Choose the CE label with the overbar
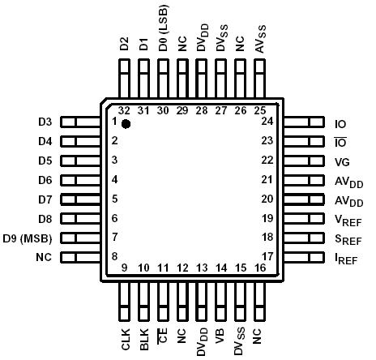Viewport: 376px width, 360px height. point(164,337)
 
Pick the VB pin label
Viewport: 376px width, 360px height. point(220,336)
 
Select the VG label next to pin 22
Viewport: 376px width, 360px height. point(341,161)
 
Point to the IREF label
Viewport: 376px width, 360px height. point(348,259)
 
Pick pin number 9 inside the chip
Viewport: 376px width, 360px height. point(125,268)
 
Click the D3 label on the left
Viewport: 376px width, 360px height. point(45,122)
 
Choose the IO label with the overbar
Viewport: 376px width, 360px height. point(340,142)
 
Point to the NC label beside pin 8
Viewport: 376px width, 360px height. point(44,258)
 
